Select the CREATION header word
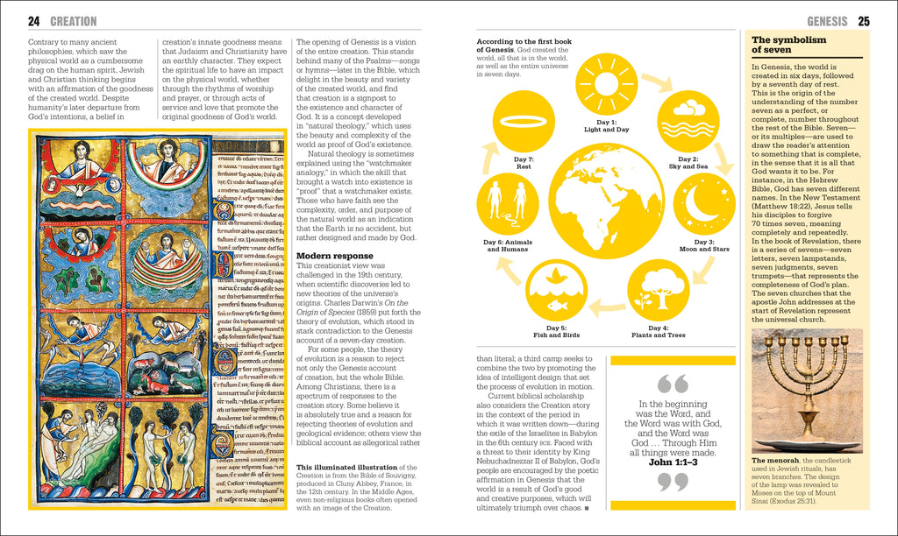pyautogui.click(x=74, y=21)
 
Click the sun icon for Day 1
pyautogui.click(x=606, y=84)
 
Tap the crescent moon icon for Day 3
pyautogui.click(x=704, y=203)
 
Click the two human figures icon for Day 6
pyautogui.click(x=508, y=202)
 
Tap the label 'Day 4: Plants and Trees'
pyautogui.click(x=658, y=330)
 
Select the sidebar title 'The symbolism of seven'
pyautogui.click(x=783, y=46)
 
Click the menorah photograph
pyautogui.click(x=807, y=390)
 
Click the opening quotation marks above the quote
pyautogui.click(x=673, y=384)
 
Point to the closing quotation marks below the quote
pyautogui.click(x=673, y=482)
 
